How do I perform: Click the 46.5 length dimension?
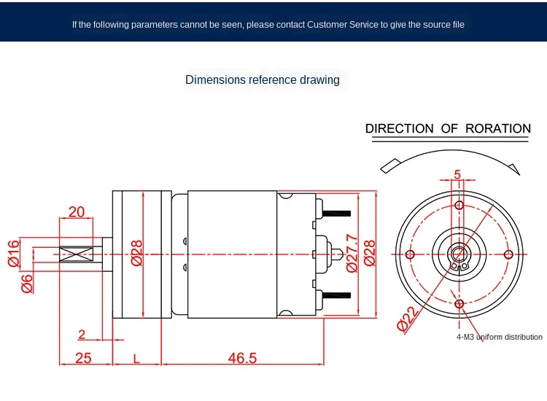click(242, 358)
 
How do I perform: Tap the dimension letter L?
click(136, 358)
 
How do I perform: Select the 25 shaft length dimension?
click(83, 358)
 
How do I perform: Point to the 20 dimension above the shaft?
click(77, 212)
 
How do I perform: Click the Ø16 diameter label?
click(12, 252)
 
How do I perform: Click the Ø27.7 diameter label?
click(352, 253)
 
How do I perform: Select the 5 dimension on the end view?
click(457, 174)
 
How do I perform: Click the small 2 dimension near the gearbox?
click(82, 335)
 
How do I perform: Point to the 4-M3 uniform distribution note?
click(500, 337)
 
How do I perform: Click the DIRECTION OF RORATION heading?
click(448, 129)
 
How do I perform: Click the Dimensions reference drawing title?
click(263, 79)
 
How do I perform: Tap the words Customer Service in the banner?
click(341, 24)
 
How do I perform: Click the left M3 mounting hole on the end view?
click(409, 254)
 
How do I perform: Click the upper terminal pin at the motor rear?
click(335, 214)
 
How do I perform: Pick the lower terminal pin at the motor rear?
click(335, 295)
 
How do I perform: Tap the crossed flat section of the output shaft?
click(76, 254)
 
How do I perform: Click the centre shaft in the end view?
click(458, 254)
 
